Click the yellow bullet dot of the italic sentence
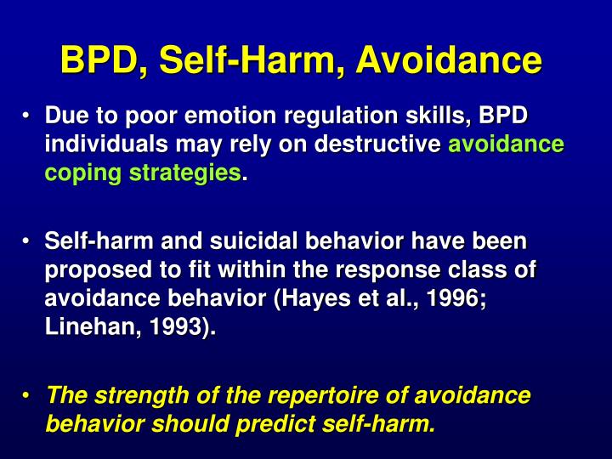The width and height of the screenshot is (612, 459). pyautogui.click(x=28, y=395)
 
